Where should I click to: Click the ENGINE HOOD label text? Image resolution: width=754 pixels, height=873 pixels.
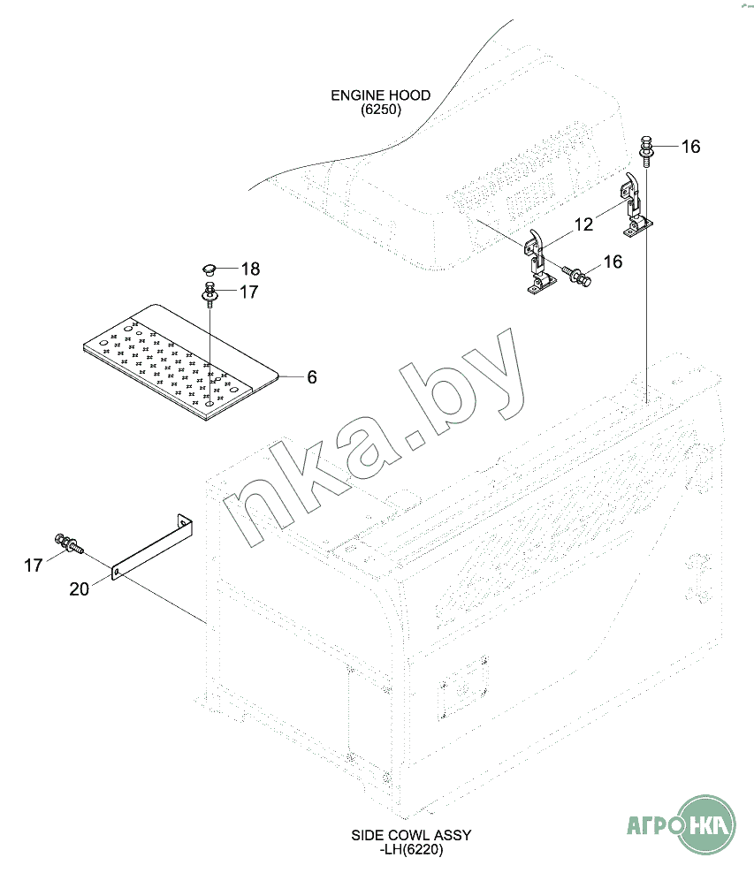(380, 102)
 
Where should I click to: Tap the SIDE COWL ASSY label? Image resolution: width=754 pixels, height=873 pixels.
(411, 842)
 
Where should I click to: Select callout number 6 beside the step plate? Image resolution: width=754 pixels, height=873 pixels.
(312, 377)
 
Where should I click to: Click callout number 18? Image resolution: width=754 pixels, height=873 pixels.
(250, 269)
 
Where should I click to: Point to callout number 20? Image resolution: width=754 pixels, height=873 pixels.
(79, 589)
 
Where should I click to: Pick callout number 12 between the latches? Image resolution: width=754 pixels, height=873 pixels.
(583, 224)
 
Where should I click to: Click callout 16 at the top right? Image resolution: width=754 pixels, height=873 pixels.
(690, 147)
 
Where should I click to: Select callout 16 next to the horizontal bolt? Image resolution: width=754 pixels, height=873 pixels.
(613, 262)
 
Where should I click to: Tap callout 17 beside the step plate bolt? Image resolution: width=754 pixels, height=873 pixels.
(249, 292)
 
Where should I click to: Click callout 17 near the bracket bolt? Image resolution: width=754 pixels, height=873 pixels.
(33, 566)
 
